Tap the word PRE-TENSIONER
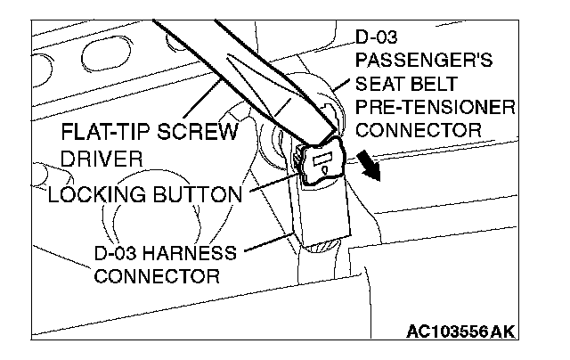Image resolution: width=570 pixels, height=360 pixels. tap(436, 109)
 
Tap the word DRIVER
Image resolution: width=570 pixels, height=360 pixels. tap(99, 160)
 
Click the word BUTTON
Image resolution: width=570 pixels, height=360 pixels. tap(197, 193)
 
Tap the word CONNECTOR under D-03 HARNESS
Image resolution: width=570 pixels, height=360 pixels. tap(157, 275)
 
